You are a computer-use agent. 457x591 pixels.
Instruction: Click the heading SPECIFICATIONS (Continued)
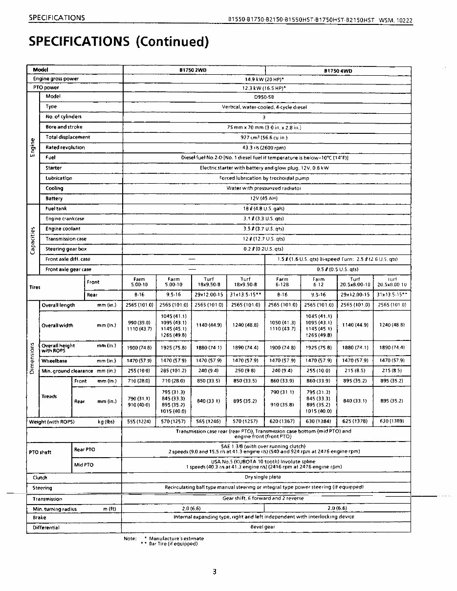tap(119, 42)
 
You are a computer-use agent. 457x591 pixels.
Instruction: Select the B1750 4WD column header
tap(338, 71)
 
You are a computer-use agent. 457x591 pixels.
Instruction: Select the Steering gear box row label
tap(66, 249)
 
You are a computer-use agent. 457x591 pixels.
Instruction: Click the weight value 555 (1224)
tap(139, 421)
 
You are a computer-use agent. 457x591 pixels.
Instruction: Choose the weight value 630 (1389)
tap(392, 421)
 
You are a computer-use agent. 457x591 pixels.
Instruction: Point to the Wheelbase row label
tap(54, 361)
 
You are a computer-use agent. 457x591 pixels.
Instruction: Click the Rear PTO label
tap(85, 449)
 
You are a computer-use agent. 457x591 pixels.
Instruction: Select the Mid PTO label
tap(84, 465)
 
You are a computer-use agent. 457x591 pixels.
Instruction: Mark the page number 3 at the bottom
tap(214, 572)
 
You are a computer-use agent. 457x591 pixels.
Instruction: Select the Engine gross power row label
tap(56, 79)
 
